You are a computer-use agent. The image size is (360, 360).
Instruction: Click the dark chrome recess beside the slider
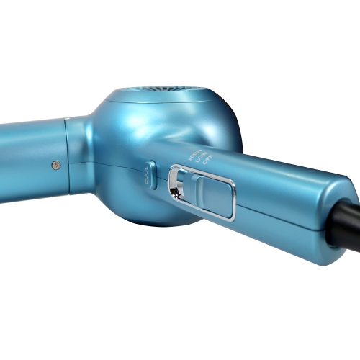176,185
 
